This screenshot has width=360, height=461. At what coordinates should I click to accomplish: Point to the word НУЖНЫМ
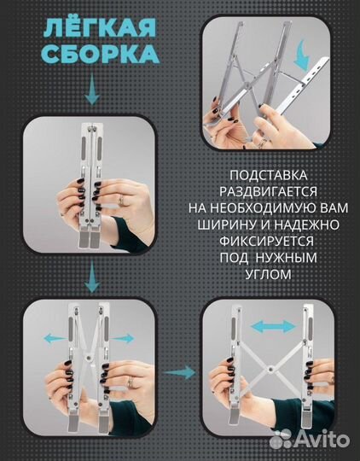coord(289,259)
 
